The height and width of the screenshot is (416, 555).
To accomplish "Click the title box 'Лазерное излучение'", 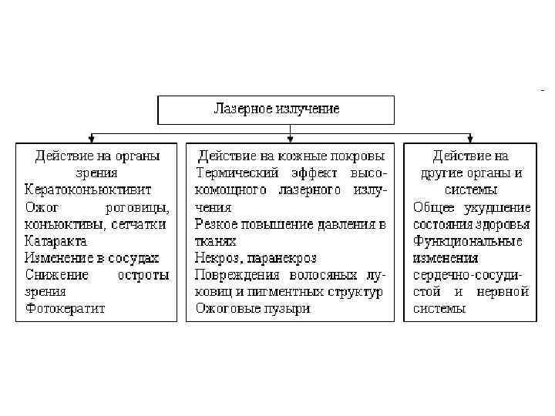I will coord(276,109).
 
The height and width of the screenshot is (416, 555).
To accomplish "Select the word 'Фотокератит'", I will coord(65,309).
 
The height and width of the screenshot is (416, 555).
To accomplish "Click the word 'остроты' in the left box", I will coord(144,275).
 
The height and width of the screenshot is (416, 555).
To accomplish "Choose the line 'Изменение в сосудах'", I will coord(92,258).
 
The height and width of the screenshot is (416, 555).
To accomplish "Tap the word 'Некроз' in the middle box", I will coord(217,258).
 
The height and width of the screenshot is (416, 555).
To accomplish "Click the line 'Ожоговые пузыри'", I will coord(253,309).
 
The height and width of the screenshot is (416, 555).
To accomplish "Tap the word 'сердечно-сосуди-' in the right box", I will coord(468,275).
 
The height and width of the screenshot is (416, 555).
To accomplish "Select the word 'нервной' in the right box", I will coord(505,292).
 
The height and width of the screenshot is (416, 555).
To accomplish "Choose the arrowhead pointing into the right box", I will coord(471,139).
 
